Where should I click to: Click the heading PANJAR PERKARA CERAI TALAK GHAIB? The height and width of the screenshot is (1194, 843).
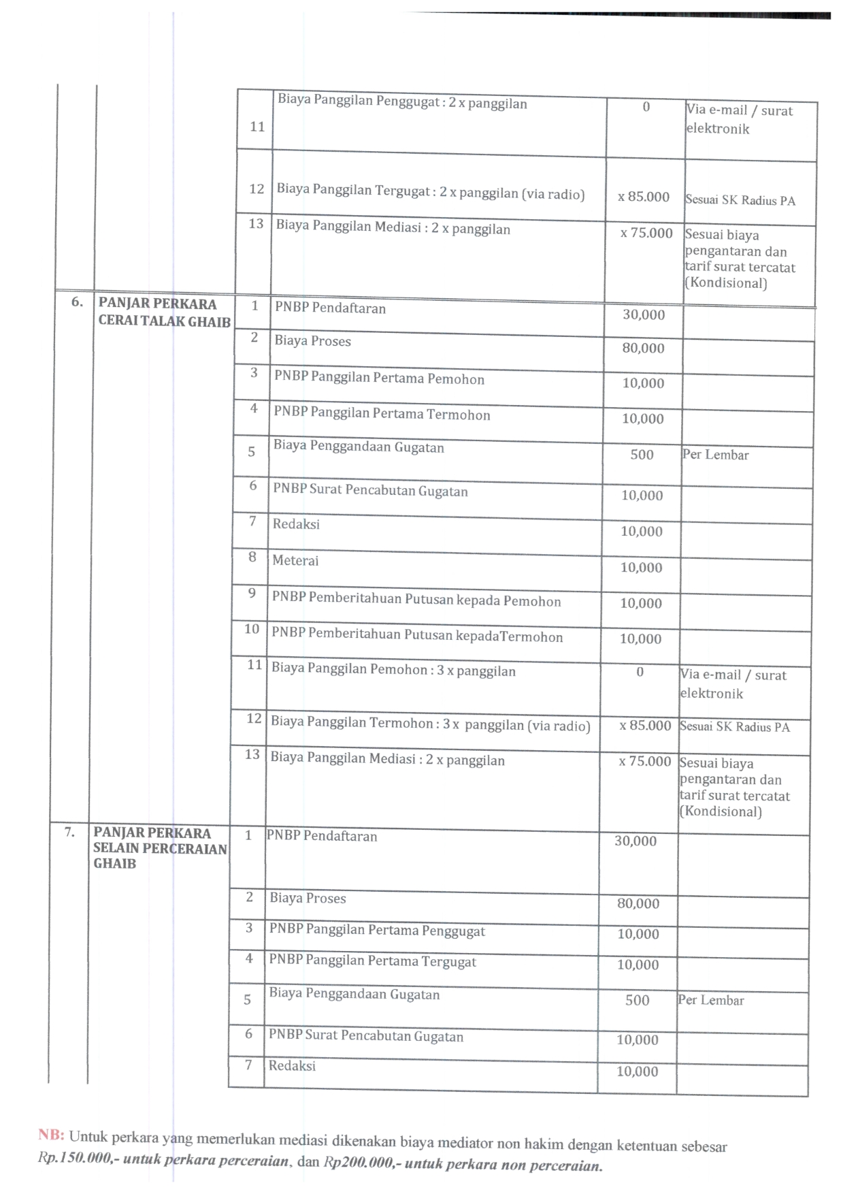pos(164,312)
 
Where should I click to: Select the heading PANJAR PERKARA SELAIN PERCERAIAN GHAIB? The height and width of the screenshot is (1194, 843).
pos(160,848)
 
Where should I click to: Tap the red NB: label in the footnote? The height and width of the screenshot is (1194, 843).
pos(51,1134)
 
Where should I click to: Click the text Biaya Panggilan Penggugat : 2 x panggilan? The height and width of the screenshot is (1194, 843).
pos(401,102)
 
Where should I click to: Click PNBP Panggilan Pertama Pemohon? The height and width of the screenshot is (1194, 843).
pos(379,378)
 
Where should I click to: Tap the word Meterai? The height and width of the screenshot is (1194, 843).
pos(295,560)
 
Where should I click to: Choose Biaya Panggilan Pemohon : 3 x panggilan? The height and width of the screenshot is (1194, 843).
pos(393,669)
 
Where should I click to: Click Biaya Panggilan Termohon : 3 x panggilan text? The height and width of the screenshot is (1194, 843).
pos(430,724)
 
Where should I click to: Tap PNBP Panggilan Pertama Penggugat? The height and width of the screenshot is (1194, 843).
pos(377,930)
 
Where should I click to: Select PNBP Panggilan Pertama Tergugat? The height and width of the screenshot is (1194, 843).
pos(372,961)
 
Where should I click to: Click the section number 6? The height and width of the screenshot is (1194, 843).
pos(77,302)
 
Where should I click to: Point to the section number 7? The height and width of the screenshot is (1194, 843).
pos(69,831)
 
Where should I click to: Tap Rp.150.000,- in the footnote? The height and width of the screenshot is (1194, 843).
pos(75,1158)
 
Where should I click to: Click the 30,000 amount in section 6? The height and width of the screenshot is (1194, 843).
pos(644,314)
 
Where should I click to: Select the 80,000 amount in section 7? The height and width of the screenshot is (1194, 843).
pos(638,903)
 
